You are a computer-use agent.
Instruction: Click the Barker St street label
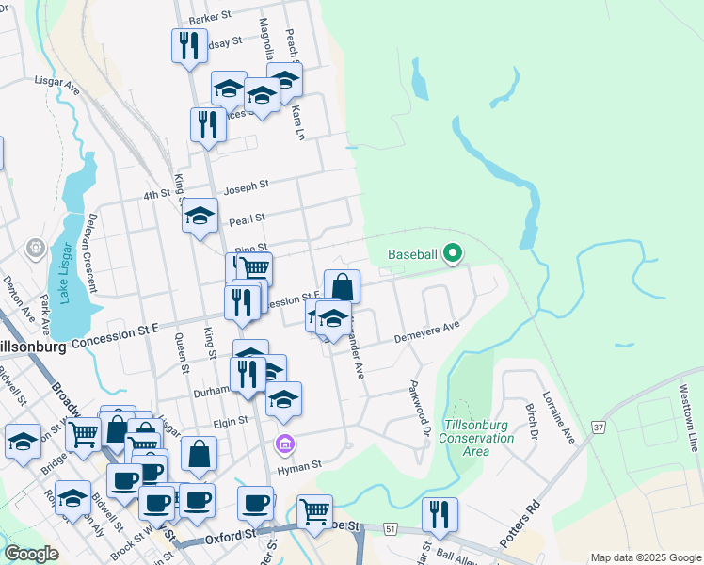210,17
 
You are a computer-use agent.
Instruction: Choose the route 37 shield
598,428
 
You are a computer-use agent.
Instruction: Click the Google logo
31,554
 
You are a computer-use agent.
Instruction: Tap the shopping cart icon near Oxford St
314,512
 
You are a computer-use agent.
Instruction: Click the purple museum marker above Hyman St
283,443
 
